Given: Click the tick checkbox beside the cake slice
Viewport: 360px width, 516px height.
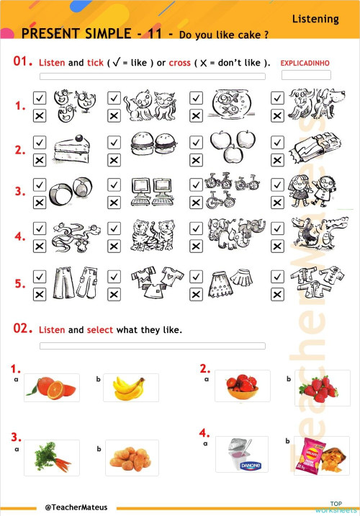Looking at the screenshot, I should click(x=40, y=143).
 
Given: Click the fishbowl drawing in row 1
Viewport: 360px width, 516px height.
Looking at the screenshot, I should click(x=228, y=104).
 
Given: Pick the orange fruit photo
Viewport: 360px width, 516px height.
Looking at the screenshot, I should click(x=50, y=388).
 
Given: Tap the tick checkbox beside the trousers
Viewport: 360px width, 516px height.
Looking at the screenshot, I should click(x=40, y=277).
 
